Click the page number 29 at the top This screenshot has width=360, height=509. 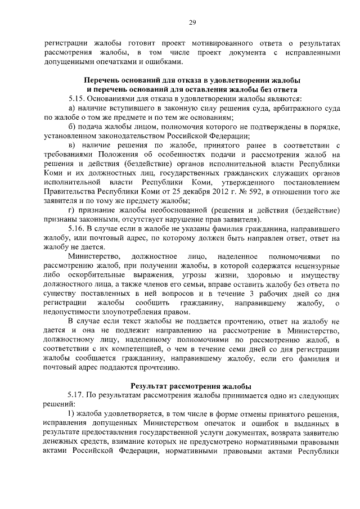[191, 22]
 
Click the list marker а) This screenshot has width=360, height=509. [71, 107]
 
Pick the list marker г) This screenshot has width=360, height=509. [71, 210]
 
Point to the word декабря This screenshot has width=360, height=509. [190, 193]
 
